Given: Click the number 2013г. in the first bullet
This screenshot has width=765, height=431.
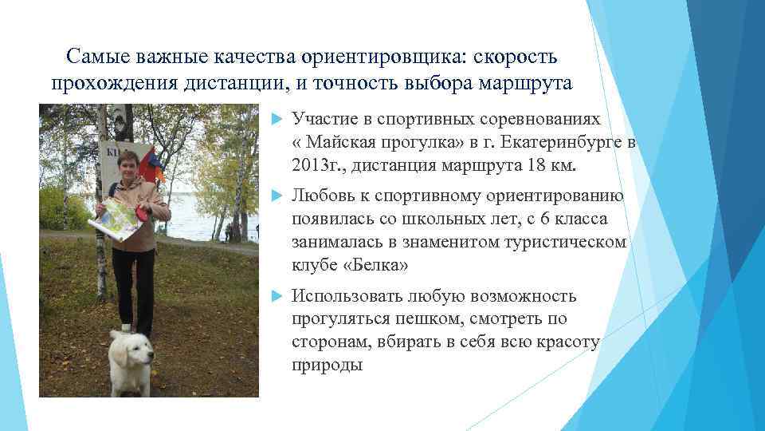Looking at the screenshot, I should click(317, 166).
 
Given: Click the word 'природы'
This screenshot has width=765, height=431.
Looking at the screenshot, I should click(327, 366).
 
